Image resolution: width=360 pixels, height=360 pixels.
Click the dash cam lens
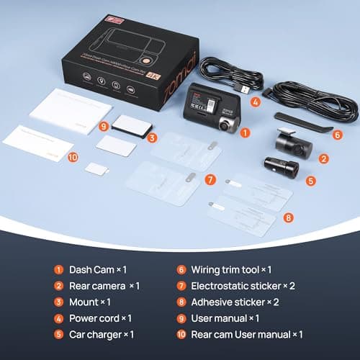[228, 125]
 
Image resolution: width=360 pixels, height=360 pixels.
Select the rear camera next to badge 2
[291, 143]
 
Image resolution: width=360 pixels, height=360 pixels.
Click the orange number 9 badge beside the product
[104, 125]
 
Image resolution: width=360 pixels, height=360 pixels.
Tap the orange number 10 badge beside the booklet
[72, 156]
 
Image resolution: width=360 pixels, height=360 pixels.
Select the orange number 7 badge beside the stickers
[210, 179]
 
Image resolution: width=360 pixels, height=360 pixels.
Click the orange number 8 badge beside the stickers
[287, 216]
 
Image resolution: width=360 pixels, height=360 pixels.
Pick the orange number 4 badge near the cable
[255, 102]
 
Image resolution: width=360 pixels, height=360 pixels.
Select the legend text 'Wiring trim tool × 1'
[231, 270]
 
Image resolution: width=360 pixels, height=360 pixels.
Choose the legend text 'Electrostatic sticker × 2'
[242, 286]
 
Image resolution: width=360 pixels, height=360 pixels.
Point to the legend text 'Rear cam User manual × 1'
[246, 334]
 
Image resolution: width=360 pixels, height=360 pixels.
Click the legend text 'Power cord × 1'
[102, 318]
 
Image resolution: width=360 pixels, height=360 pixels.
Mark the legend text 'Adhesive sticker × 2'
[235, 302]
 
